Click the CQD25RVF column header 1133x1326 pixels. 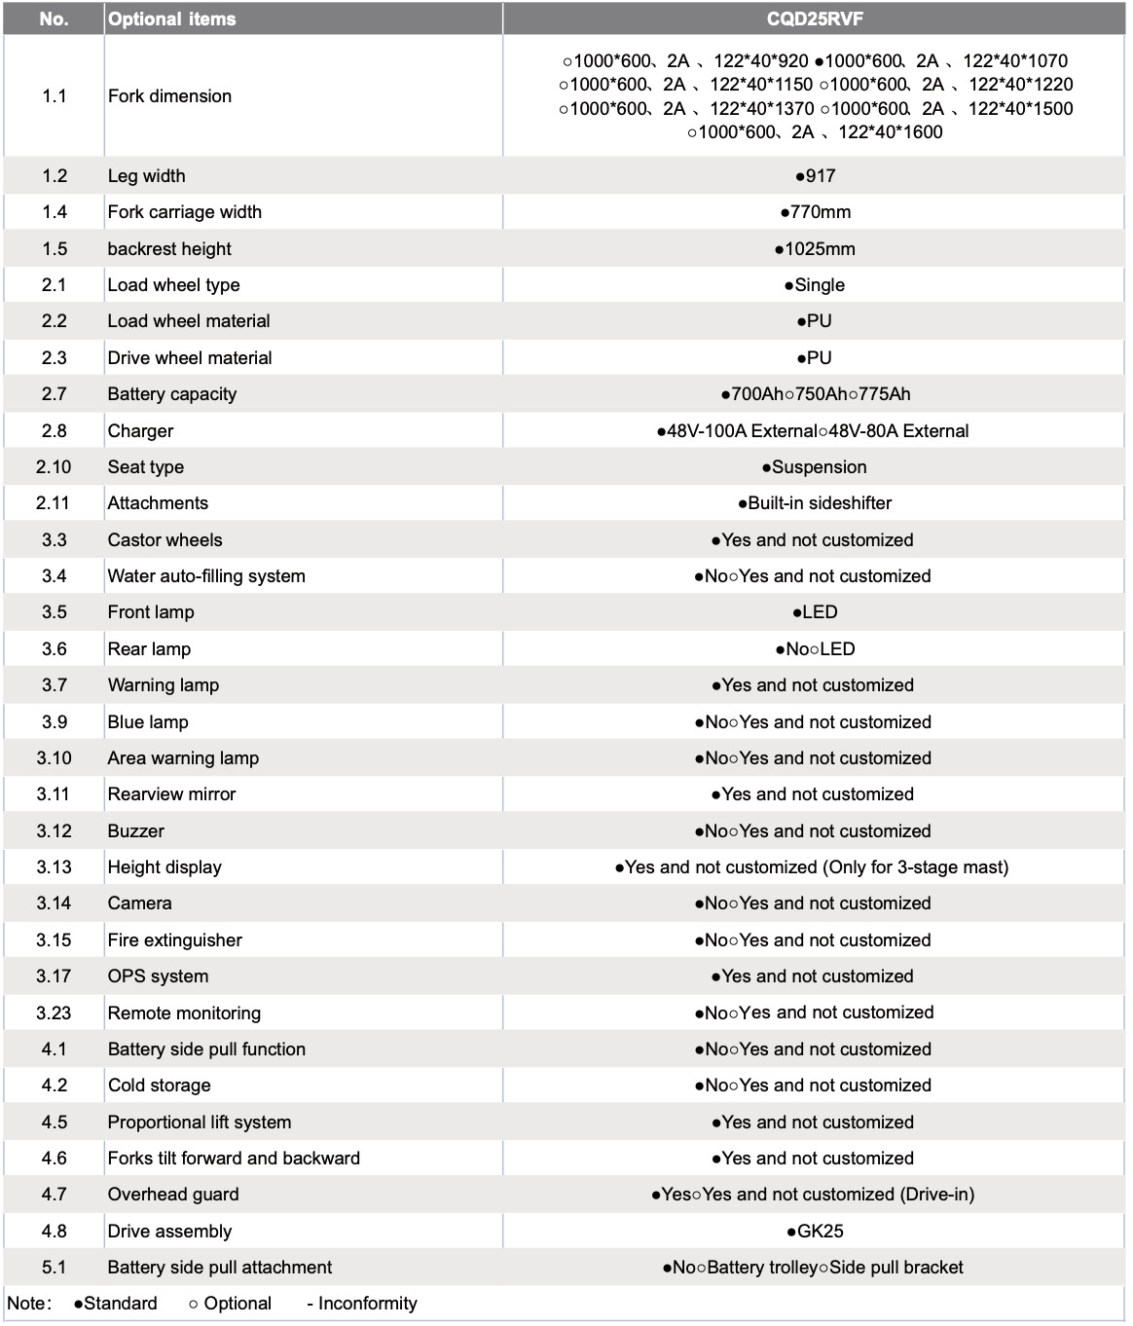[814, 18]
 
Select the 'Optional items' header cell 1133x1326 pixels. [172, 18]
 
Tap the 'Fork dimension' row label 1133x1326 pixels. [169, 95]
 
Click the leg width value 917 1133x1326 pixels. [816, 175]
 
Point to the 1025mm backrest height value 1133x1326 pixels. [816, 248]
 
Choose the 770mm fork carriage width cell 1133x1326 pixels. [816, 211]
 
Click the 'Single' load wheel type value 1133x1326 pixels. [816, 284]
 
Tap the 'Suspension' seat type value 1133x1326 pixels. [815, 466]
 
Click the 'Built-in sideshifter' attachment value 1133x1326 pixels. [816, 502]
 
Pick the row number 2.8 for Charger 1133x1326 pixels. [55, 430]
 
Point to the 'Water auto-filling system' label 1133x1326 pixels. [206, 575]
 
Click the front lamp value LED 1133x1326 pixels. [816, 611]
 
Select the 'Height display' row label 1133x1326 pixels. [164, 866]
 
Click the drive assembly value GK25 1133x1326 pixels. [816, 1231]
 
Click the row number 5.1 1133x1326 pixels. [55, 1267]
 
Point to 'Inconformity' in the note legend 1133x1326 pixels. [367, 1303]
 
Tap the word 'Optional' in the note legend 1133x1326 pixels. [238, 1303]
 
